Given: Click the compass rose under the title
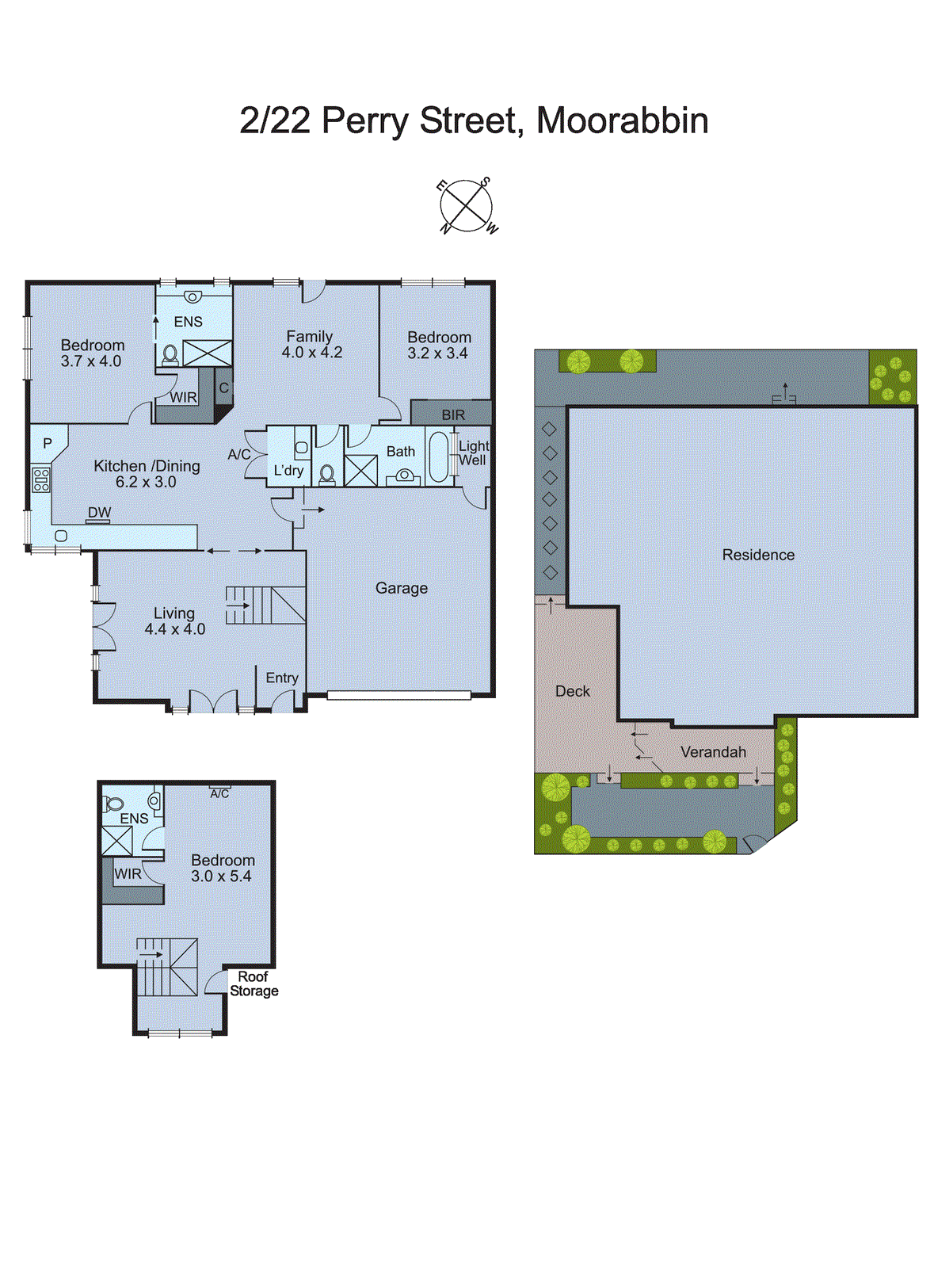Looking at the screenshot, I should pyautogui.click(x=467, y=206).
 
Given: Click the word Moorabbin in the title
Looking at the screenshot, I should pyautogui.click(x=622, y=121).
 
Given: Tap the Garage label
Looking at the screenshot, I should pyautogui.click(x=401, y=588).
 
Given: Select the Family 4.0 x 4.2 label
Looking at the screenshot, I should pyautogui.click(x=311, y=345).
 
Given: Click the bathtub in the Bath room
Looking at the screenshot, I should pyautogui.click(x=438, y=456).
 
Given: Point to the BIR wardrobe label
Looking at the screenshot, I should pyautogui.click(x=453, y=414).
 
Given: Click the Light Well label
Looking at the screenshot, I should pyautogui.click(x=473, y=453).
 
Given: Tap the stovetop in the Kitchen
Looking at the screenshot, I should pyautogui.click(x=40, y=479).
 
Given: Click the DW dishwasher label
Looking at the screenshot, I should pyautogui.click(x=99, y=513).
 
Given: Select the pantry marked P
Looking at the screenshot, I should pyautogui.click(x=48, y=444).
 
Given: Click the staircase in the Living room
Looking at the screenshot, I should pyautogui.click(x=265, y=605).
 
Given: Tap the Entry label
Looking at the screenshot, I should pyautogui.click(x=282, y=678).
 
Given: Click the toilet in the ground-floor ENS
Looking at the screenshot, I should pyautogui.click(x=170, y=355).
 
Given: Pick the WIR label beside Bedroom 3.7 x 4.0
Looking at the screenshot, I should pyautogui.click(x=183, y=398).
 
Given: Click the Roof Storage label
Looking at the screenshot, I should pyautogui.click(x=254, y=983).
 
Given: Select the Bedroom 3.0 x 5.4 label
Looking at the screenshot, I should pyautogui.click(x=223, y=868).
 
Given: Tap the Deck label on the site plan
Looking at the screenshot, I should pyautogui.click(x=572, y=691).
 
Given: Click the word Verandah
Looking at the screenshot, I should pyautogui.click(x=713, y=752).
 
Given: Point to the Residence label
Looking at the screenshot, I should pyautogui.click(x=757, y=555).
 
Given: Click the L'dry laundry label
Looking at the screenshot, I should pyautogui.click(x=288, y=471).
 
